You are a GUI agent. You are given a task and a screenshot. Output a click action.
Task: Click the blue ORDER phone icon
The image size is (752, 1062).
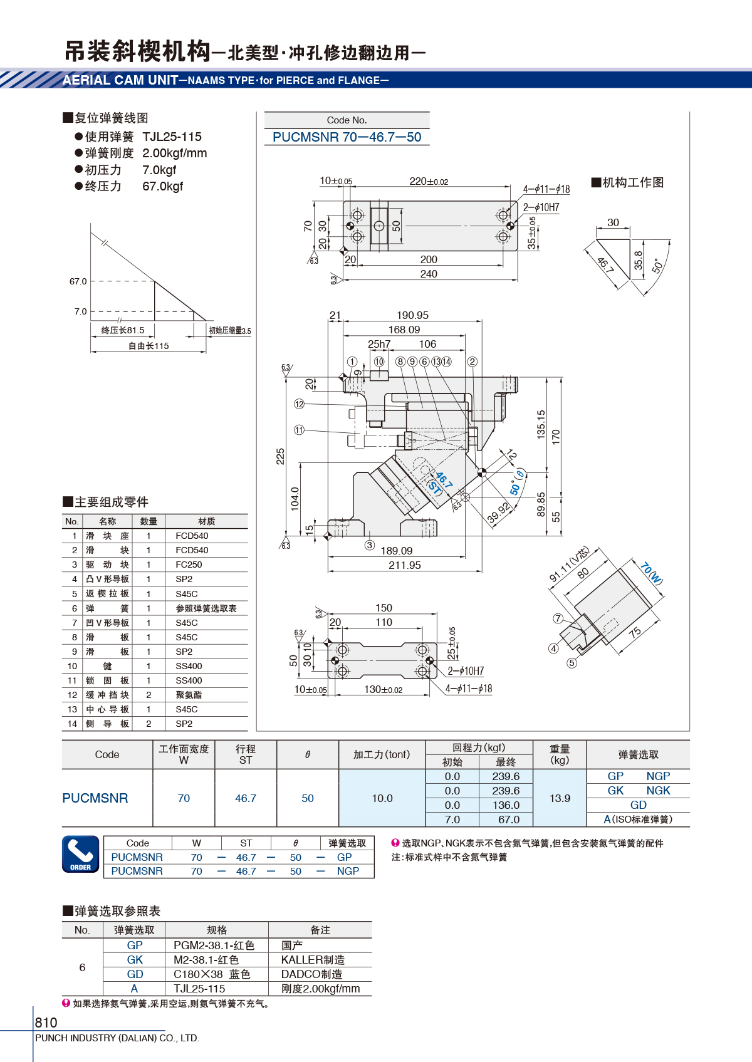81,854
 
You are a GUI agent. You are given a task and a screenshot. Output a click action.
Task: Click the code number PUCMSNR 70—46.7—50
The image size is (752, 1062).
347,137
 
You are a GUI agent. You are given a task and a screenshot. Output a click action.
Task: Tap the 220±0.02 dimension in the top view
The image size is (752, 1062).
429,181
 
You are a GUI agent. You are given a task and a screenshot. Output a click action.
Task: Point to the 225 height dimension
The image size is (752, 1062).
280,456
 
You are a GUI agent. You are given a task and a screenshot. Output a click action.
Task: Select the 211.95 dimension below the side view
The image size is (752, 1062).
404,565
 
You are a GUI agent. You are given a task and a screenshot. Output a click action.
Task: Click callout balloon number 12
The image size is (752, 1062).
299,404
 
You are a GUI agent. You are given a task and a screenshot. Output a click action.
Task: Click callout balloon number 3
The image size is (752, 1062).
369,545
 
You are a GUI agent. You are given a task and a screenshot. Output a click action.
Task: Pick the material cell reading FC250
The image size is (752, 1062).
189,565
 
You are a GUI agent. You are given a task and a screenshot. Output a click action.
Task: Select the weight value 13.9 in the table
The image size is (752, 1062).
560,798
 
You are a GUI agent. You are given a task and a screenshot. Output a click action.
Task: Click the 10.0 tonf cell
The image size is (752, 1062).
382,798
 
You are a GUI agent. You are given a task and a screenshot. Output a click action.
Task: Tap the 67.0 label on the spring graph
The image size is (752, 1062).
78,281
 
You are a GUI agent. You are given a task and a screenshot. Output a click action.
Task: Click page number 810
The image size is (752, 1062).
46,1022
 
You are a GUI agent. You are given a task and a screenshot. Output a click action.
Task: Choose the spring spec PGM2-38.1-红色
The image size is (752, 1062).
214,945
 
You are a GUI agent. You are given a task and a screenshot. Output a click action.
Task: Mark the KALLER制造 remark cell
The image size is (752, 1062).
313,960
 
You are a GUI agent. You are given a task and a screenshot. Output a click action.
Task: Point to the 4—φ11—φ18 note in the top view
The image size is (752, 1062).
546,189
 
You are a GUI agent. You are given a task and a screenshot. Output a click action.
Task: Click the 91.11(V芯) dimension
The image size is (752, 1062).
569,564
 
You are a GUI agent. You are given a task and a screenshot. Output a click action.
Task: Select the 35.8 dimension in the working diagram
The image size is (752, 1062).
638,260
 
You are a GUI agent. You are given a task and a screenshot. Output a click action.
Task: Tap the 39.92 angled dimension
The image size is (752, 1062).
499,513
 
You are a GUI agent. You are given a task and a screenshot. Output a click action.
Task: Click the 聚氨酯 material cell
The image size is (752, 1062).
189,695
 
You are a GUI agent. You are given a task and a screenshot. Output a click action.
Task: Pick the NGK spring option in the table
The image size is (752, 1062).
658,790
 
